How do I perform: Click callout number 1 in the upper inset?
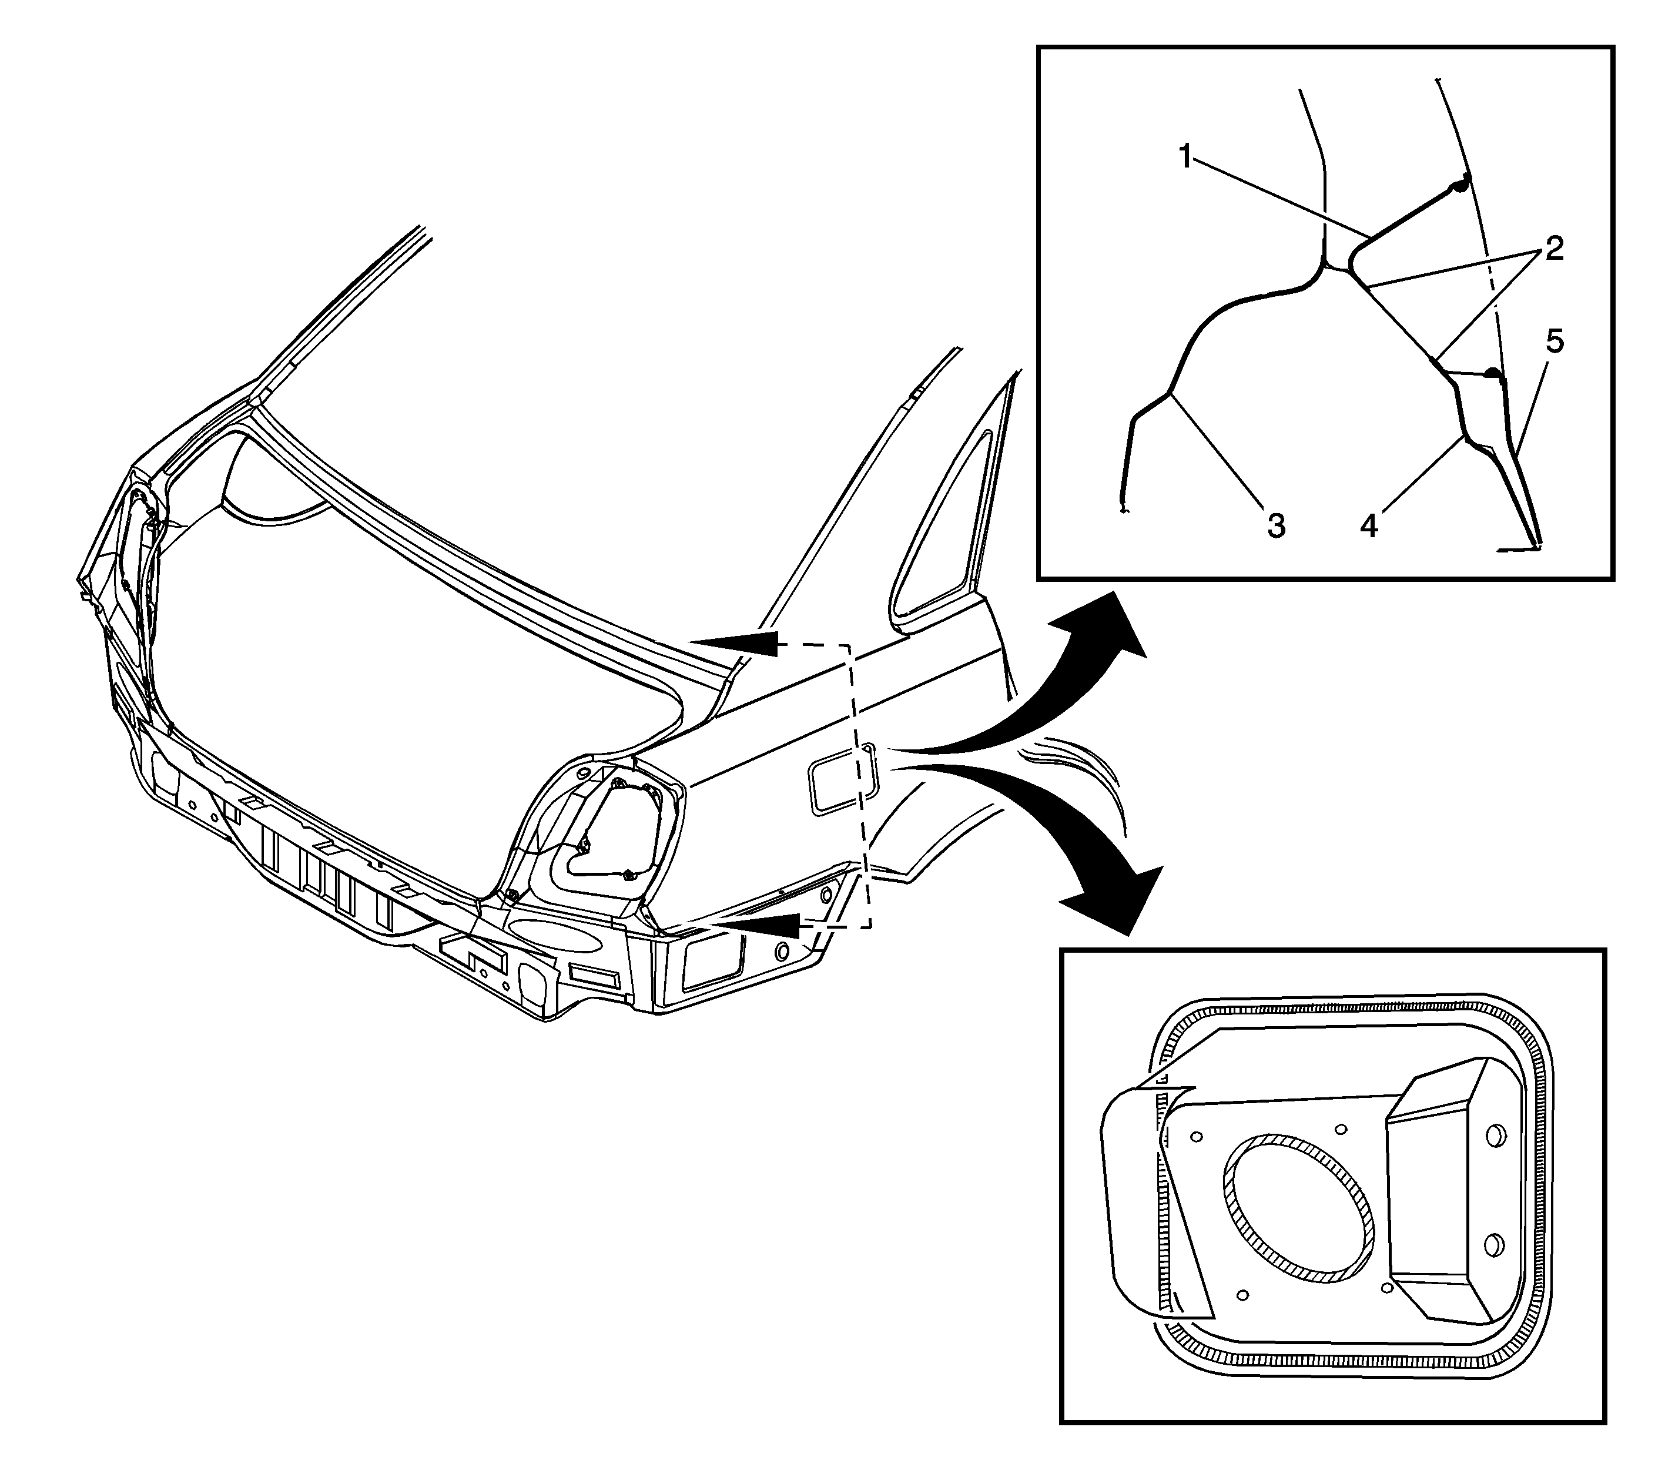click(1186, 156)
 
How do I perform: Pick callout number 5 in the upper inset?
click(1554, 341)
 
